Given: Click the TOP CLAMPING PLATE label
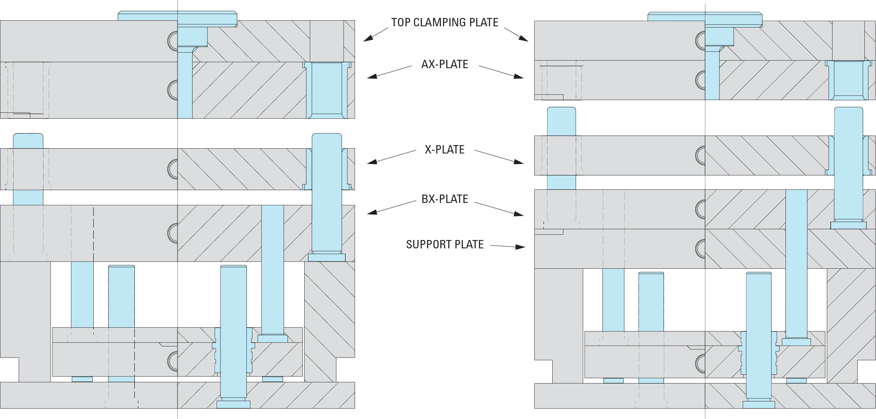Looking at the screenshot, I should [445, 22].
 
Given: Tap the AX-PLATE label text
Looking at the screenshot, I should [445, 64].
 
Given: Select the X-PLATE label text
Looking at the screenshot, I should [445, 150].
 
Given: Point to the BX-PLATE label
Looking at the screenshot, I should [445, 199].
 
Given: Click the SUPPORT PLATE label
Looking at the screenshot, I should [445, 244].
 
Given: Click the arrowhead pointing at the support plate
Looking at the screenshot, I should [520, 247].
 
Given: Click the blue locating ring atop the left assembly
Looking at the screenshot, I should [177, 16].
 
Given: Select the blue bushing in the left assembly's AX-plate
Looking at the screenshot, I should [327, 90].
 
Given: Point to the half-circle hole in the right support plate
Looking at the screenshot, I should [701, 248].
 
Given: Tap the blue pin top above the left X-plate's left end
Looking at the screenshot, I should [28, 141].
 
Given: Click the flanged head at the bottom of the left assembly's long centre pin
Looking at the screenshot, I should [233, 404].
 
